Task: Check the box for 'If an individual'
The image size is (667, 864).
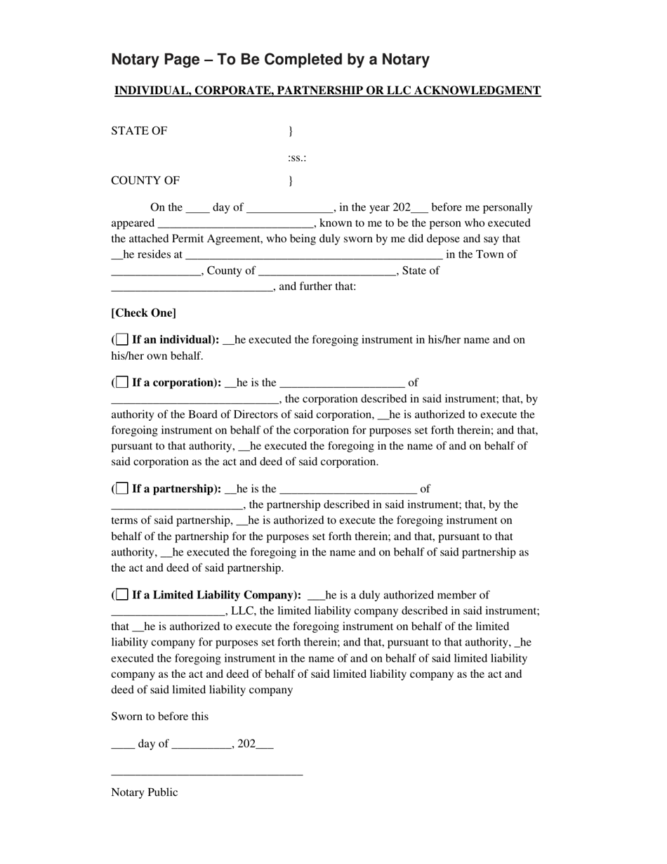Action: pos(122,340)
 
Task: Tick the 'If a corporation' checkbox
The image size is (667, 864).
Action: pos(122,383)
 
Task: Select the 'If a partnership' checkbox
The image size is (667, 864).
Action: pos(122,489)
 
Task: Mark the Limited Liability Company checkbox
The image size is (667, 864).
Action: pos(122,595)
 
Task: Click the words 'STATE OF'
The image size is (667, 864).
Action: pos(139,131)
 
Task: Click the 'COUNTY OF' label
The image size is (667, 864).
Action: pos(145,181)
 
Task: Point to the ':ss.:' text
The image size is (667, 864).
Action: pos(297,158)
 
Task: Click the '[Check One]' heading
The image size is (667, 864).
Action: pos(144,313)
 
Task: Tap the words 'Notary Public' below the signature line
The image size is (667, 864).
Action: pos(145,792)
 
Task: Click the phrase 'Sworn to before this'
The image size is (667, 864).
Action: pos(159,716)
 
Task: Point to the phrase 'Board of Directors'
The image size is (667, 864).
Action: pos(233,415)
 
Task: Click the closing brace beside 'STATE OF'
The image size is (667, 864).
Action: pos(291,131)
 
